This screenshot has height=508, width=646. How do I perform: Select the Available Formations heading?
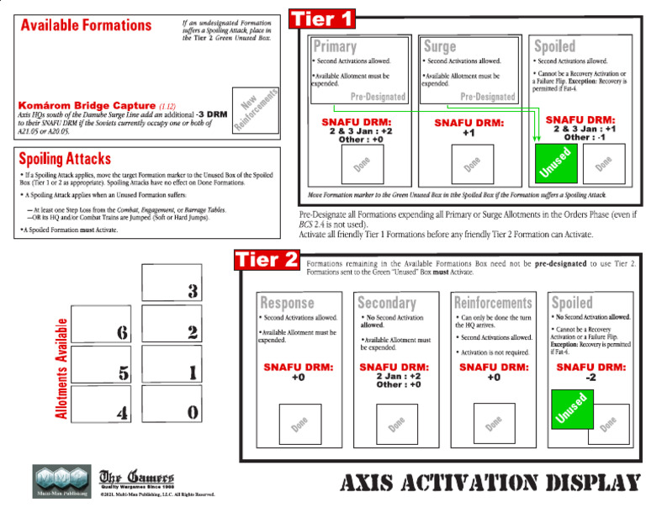[87, 25]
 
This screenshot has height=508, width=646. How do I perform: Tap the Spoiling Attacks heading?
[65, 158]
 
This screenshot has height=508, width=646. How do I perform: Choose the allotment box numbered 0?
[172, 412]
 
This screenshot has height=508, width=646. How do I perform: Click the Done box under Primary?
[363, 164]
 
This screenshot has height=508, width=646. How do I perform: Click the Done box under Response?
[299, 424]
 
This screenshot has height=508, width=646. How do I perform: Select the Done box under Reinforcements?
[494, 424]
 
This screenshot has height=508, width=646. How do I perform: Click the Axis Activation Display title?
[490, 483]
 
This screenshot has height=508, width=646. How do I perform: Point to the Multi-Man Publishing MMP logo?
[61, 481]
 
